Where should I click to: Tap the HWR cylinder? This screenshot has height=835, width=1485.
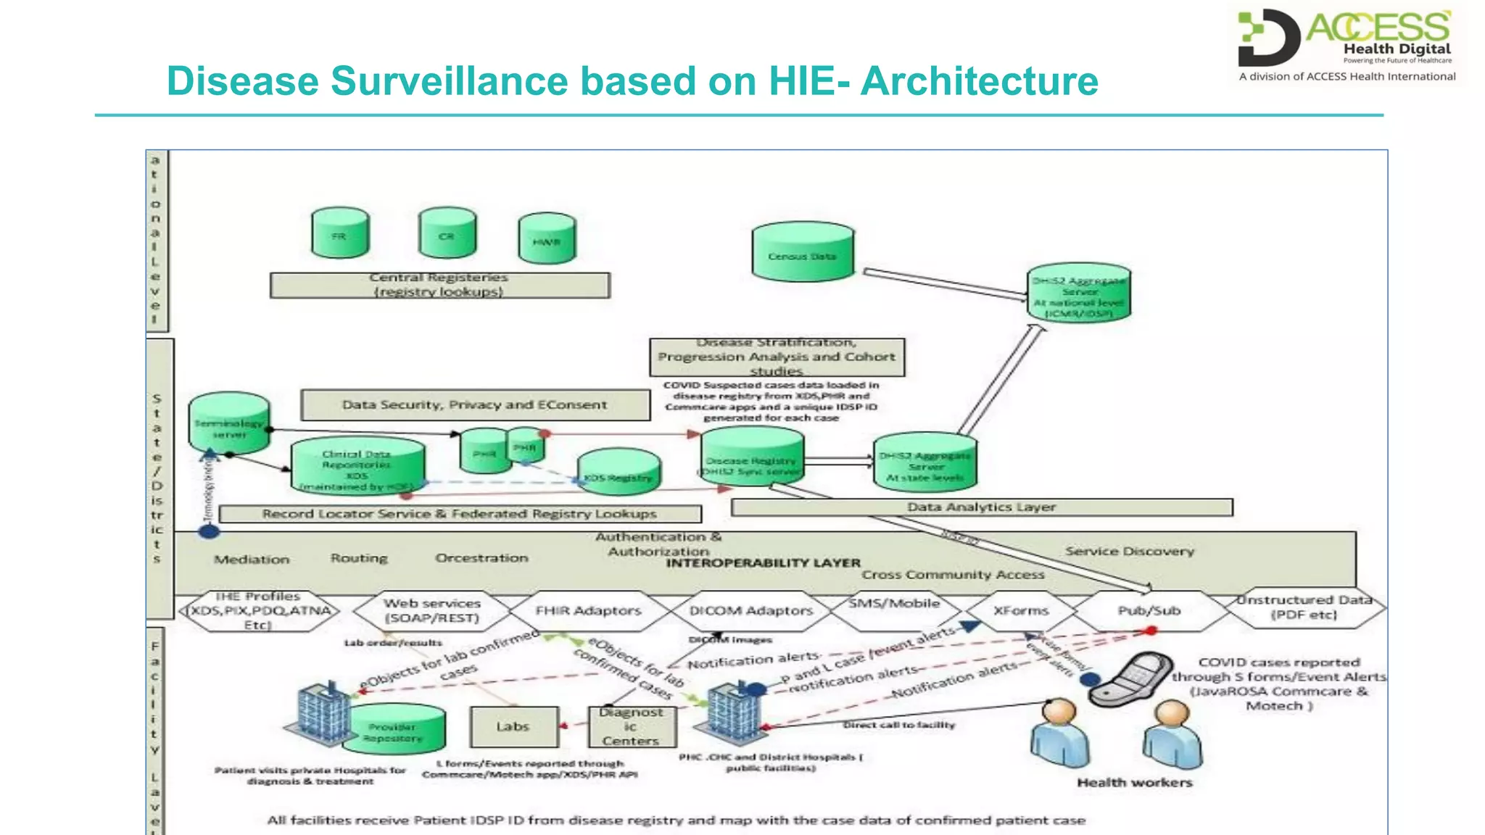[x=547, y=239]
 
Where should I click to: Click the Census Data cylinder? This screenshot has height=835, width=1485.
[x=803, y=254]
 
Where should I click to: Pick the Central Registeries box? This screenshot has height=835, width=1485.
[x=439, y=285]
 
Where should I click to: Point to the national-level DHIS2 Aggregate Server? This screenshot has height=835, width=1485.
[x=1079, y=294]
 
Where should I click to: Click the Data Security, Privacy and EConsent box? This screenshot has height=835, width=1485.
[x=475, y=405]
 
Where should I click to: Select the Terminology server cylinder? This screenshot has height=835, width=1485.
[x=229, y=425]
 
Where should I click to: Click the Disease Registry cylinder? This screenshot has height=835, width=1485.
[x=752, y=458]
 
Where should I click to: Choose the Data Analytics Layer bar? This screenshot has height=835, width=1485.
[x=981, y=507]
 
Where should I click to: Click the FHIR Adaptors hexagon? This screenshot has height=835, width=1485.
[x=588, y=611]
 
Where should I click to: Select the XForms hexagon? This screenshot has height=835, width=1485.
[x=1021, y=611]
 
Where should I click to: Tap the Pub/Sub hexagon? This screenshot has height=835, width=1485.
[x=1149, y=611]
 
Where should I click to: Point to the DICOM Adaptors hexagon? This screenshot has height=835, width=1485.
[x=751, y=611]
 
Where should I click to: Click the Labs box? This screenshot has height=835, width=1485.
[x=513, y=727]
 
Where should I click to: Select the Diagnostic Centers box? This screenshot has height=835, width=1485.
[x=632, y=727]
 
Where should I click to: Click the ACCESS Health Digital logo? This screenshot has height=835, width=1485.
[x=1347, y=43]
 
